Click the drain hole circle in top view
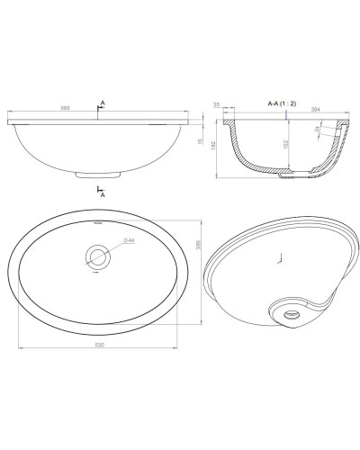pyautogui.click(x=97, y=256)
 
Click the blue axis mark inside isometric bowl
pyautogui.click(x=283, y=260)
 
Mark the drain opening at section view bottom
pyautogui.click(x=287, y=178)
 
